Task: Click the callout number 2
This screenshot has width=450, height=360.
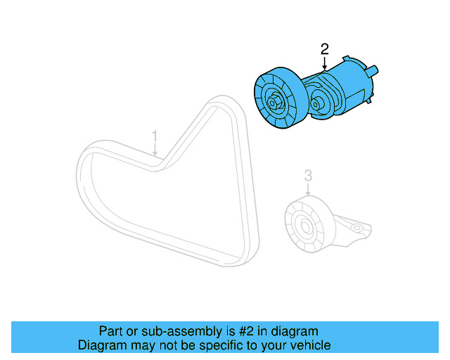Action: pyautogui.click(x=324, y=49)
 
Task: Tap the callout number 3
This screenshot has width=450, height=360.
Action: pyautogui.click(x=307, y=175)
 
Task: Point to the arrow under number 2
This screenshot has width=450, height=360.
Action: pyautogui.click(x=324, y=63)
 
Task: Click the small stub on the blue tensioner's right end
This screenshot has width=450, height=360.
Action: pyautogui.click(x=375, y=70)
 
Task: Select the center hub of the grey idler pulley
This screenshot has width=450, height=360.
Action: pyautogui.click(x=304, y=226)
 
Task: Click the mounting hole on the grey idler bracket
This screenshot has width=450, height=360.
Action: pyautogui.click(x=358, y=228)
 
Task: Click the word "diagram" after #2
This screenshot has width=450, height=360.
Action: pyautogui.click(x=295, y=331)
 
